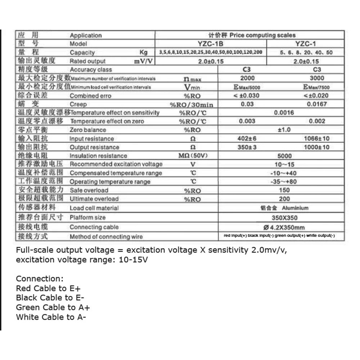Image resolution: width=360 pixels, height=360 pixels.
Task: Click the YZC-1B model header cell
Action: [211, 44]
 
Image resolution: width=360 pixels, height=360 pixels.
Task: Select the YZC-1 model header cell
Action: [306, 44]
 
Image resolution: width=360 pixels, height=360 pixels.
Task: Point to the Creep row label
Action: [78, 104]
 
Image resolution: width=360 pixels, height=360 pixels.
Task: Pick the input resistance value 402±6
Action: [247, 138]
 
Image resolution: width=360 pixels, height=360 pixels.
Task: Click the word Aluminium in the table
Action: [295, 208]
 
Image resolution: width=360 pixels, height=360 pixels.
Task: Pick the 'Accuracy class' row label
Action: [91, 69]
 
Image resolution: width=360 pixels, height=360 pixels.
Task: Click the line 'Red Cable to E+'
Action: [41, 288]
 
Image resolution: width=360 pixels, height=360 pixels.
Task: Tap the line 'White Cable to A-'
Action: [51, 317]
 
